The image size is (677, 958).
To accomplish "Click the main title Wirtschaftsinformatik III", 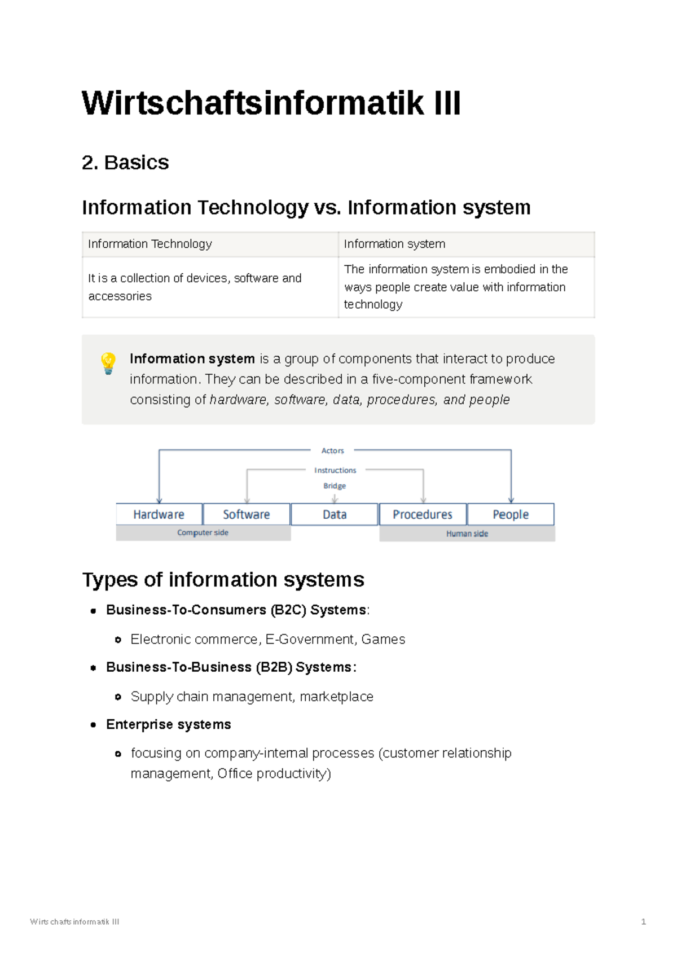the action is (x=271, y=103).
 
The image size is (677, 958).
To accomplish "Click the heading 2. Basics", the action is (x=125, y=163).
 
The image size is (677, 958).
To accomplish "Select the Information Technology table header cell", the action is (x=210, y=244).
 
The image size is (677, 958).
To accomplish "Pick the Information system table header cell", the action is (x=467, y=244).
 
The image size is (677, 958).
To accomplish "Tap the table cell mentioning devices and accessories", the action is (x=210, y=287).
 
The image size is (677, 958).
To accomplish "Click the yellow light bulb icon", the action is (x=108, y=364).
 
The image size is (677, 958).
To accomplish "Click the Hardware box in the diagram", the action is (x=159, y=514).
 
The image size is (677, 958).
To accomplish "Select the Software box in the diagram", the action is (x=247, y=514).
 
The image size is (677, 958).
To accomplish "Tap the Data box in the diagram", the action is (x=335, y=514).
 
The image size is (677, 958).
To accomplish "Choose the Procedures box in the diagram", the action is (x=423, y=514).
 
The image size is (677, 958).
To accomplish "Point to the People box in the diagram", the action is (x=511, y=514).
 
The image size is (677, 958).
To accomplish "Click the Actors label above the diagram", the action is (x=332, y=450).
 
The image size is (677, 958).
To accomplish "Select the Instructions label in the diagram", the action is (x=335, y=470).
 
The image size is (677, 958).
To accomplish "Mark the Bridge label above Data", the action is (x=335, y=486).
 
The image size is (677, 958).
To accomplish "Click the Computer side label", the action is (x=203, y=532).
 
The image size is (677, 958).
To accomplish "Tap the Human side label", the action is (x=467, y=533).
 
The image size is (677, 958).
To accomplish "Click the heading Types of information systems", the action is (x=223, y=580).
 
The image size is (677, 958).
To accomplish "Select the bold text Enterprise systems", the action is (x=168, y=724).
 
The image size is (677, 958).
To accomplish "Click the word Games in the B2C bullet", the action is (x=383, y=639).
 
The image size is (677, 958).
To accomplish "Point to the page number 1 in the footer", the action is (x=643, y=922).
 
